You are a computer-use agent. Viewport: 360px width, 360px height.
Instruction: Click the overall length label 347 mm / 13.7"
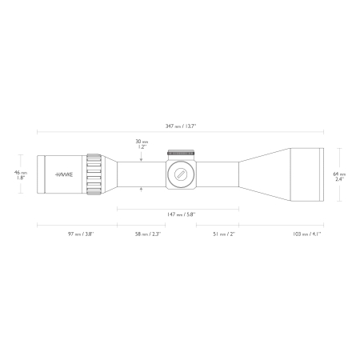pyautogui.click(x=181, y=126)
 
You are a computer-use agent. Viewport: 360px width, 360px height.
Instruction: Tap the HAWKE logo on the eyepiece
pyautogui.click(x=64, y=174)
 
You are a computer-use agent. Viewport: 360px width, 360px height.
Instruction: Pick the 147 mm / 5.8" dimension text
pyautogui.click(x=182, y=214)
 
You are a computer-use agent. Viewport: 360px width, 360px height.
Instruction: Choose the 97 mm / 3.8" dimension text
pyautogui.click(x=81, y=234)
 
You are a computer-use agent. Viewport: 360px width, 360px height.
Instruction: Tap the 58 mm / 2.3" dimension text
pyautogui.click(x=148, y=234)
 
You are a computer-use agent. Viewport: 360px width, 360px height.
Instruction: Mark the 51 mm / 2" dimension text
pyautogui.click(x=224, y=234)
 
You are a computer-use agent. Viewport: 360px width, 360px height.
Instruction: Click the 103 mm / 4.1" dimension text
pyautogui.click(x=306, y=234)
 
